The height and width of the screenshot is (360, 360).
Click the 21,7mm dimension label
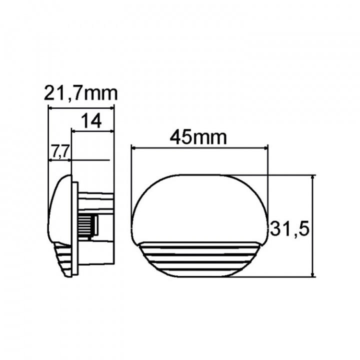(80, 93)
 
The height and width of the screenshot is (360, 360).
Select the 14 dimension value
(90, 120)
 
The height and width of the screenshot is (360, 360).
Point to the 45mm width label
(198, 136)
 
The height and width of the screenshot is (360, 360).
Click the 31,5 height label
(290, 229)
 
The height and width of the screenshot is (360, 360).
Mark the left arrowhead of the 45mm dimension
(133, 147)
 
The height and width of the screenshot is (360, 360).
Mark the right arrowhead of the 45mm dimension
(266, 147)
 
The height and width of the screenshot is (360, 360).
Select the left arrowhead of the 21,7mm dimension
(49, 106)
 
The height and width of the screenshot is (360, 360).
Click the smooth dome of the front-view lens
(200, 207)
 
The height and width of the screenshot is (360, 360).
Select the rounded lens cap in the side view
(59, 210)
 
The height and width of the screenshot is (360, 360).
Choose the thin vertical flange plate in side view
(75, 227)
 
